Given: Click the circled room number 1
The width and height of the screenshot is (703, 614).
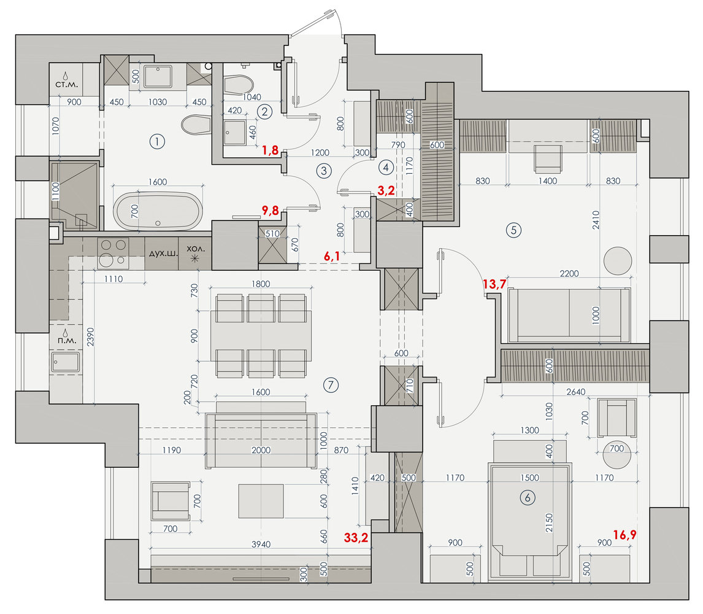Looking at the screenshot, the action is click(x=157, y=142).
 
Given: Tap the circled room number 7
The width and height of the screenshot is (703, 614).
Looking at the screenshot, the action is click(x=331, y=385).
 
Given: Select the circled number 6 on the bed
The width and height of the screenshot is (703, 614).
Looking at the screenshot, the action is click(x=528, y=497).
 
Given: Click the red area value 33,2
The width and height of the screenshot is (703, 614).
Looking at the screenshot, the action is click(x=356, y=537).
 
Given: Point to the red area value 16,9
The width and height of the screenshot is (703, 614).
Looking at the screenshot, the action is click(x=624, y=535).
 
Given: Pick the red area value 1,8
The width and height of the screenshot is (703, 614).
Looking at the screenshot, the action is click(x=271, y=150).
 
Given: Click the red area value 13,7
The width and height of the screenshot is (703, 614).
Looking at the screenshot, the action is click(x=494, y=284).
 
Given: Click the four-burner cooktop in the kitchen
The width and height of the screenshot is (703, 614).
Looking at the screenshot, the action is click(x=113, y=253).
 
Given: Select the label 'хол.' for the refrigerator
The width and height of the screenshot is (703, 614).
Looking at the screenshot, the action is click(x=196, y=249).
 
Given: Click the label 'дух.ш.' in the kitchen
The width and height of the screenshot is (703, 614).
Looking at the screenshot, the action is click(x=163, y=253).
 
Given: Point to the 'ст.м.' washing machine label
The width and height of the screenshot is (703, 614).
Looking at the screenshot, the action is click(x=66, y=84).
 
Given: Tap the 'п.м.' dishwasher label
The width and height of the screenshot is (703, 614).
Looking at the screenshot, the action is click(x=67, y=340).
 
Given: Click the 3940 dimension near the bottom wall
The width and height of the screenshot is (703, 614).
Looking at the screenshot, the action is click(x=261, y=545).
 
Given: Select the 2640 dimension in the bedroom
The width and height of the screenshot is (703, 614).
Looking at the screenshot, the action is click(x=575, y=392).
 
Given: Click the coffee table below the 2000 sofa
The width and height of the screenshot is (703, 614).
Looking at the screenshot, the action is click(x=261, y=501).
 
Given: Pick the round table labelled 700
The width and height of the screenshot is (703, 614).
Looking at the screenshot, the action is click(x=617, y=454).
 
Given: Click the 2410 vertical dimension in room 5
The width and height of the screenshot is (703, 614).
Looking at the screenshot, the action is click(x=596, y=220).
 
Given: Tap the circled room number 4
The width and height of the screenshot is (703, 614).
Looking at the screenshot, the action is click(x=386, y=168).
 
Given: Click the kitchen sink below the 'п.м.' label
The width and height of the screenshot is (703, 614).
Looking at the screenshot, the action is click(x=66, y=362).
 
